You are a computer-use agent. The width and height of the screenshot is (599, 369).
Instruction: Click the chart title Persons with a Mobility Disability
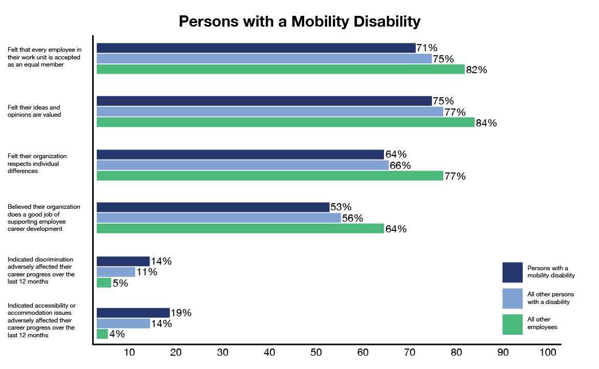pyautogui.click(x=299, y=21)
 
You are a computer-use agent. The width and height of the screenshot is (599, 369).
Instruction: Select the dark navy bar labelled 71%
pyautogui.click(x=256, y=48)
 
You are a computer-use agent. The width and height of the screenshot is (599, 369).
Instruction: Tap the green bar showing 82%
pyautogui.click(x=281, y=70)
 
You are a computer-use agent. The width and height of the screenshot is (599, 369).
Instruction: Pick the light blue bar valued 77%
pyautogui.click(x=270, y=112)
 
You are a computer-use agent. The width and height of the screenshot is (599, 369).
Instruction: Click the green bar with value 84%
pyautogui.click(x=286, y=122)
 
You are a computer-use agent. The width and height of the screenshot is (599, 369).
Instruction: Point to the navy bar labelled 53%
pyautogui.click(x=213, y=207)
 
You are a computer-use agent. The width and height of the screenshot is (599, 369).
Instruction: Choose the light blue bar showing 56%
pyautogui.click(x=219, y=218)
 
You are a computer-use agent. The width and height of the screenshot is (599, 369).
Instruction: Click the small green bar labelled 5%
pyautogui.click(x=104, y=283)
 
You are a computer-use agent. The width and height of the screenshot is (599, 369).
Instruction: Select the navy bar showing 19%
pyautogui.click(x=133, y=313)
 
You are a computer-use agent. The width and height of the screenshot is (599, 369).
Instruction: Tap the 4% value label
pyautogui.click(x=117, y=334)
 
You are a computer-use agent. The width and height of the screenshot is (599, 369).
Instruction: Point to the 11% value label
pyautogui.click(x=146, y=272)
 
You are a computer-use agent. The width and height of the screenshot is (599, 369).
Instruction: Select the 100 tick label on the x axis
pyautogui.click(x=547, y=353)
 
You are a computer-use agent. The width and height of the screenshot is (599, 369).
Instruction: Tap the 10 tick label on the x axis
pyautogui.click(x=129, y=353)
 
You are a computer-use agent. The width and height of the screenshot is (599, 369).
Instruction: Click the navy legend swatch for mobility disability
pyautogui.click(x=512, y=272)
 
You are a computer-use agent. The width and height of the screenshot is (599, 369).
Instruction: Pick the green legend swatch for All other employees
pyautogui.click(x=512, y=324)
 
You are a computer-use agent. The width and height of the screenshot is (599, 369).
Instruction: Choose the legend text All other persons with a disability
pyautogui.click(x=550, y=298)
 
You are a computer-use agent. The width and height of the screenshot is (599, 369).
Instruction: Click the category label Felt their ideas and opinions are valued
pyautogui.click(x=34, y=111)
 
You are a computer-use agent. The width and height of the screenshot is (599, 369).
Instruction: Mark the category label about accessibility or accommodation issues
pyautogui.click(x=41, y=320)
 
